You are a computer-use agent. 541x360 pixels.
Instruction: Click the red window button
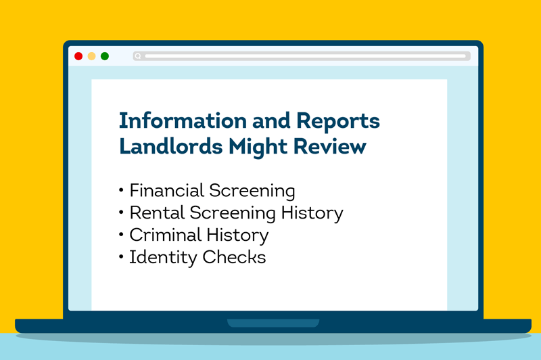coord(78,56)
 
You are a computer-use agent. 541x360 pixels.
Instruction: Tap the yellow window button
coord(92,56)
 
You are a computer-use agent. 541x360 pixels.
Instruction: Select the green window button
coord(105,56)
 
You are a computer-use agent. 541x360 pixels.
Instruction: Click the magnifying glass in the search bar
coord(138,56)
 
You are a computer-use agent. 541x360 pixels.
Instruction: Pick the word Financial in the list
coord(165,190)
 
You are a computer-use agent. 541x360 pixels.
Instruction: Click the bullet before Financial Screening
coord(122,191)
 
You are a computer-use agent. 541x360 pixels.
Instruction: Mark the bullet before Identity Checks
coord(122,258)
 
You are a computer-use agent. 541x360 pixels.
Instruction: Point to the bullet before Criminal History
coord(122,235)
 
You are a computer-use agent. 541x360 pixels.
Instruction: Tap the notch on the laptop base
coord(271,323)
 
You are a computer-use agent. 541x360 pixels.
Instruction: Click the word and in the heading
coord(270,121)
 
